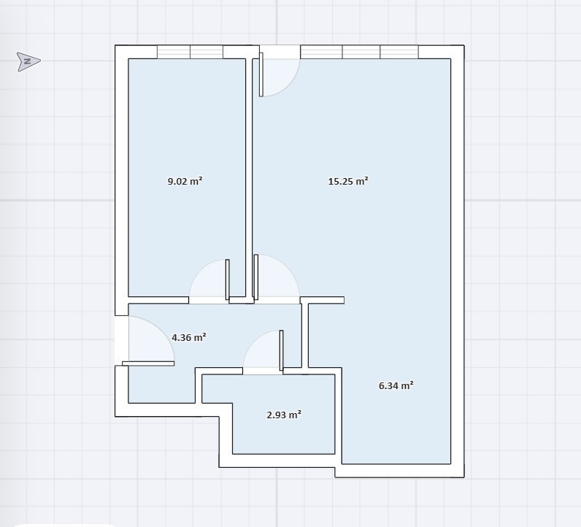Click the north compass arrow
point(28,61)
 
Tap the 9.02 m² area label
point(185,181)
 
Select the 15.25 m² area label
point(348,181)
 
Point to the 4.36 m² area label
point(189,337)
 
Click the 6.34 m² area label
point(396,385)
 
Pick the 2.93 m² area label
point(284,415)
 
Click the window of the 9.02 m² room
point(190,52)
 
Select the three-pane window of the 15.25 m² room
point(359,52)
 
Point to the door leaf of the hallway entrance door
point(148,363)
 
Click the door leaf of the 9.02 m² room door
point(228,280)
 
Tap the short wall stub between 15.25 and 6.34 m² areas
point(323,300)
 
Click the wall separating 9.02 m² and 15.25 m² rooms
point(249,177)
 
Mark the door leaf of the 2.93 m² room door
point(281,350)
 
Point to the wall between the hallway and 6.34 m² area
point(305,336)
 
